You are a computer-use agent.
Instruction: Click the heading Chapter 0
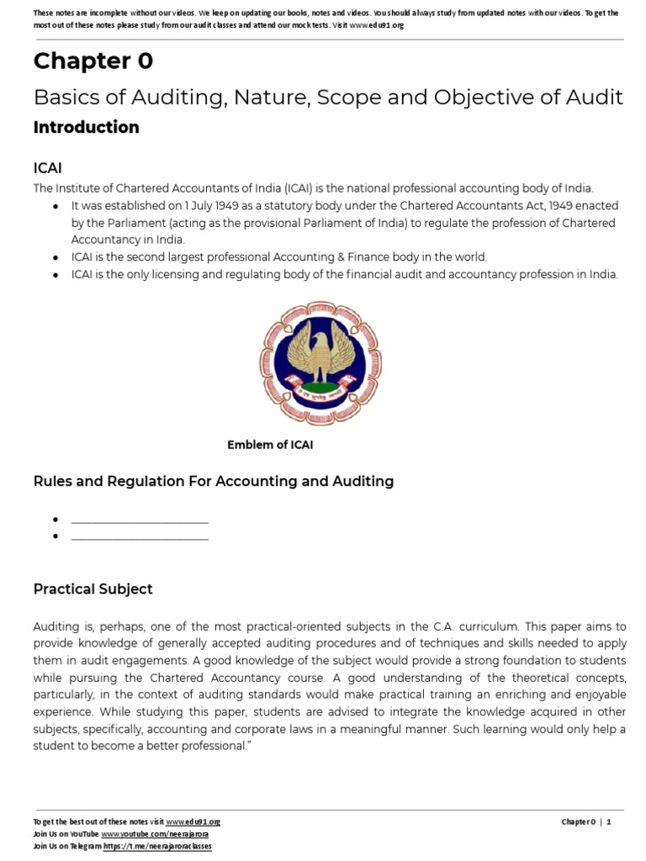point(93,61)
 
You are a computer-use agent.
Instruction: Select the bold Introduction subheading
point(86,128)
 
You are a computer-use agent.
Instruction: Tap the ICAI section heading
point(47,168)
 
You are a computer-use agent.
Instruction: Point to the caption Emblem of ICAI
point(270,445)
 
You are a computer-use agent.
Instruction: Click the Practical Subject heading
point(93,589)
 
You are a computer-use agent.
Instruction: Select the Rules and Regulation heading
point(213,481)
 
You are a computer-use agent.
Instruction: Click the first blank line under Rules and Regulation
point(140,521)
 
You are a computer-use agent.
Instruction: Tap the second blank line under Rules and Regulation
point(140,536)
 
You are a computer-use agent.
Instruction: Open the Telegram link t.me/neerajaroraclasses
point(157,846)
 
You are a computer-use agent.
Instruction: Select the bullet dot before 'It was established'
point(55,207)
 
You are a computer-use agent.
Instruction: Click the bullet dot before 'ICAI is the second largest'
point(55,257)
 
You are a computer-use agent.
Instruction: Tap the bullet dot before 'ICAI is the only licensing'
point(55,275)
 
